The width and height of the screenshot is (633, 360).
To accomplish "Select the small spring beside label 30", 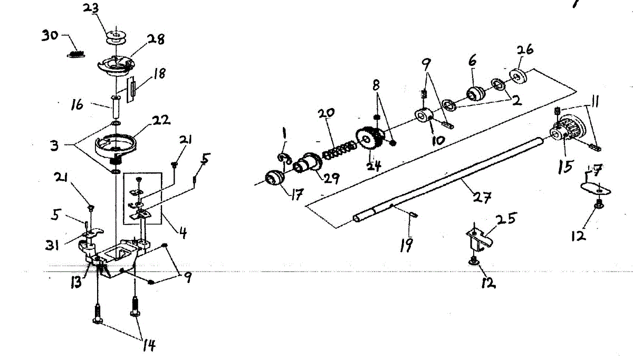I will click(76, 53).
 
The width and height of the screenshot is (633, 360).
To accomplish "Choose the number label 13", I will click(77, 281).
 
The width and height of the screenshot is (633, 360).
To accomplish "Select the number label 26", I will click(525, 50).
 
